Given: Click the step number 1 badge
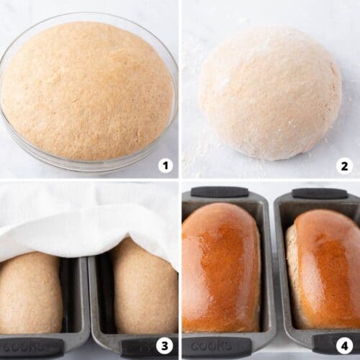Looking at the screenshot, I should point(166,166).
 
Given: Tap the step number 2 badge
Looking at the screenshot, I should point(344,166).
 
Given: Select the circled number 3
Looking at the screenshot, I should point(166,346).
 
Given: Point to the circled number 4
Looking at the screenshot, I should point(344,346).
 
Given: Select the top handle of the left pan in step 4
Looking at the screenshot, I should point(220,192).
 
